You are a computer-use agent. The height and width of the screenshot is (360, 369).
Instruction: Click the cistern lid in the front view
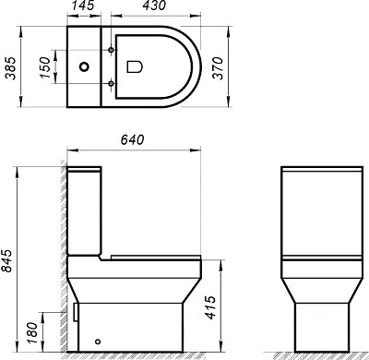coord(316,174)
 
